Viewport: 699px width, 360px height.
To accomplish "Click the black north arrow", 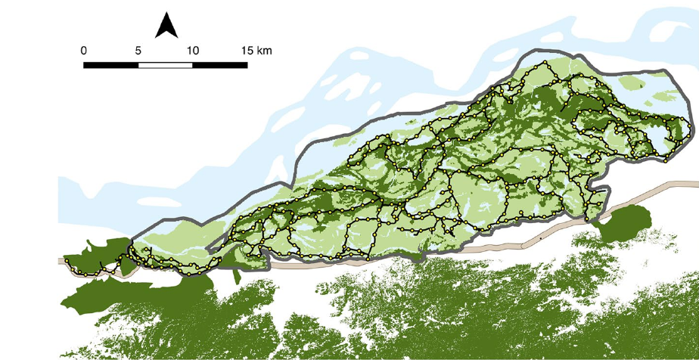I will (166, 26).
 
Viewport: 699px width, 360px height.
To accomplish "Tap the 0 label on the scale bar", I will (83, 50).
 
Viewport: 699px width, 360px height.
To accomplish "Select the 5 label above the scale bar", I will (138, 50).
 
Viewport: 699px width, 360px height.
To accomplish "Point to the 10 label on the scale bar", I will (192, 50).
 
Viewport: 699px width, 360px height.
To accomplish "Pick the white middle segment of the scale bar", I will (165, 64).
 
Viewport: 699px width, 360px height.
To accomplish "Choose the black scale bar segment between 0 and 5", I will (110, 64).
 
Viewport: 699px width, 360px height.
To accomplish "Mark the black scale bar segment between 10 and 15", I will (220, 64).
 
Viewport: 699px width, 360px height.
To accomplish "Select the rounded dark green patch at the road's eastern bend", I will (626, 223).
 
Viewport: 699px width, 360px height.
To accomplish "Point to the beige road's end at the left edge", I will (61, 261).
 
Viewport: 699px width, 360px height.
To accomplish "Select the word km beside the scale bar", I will (264, 50).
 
